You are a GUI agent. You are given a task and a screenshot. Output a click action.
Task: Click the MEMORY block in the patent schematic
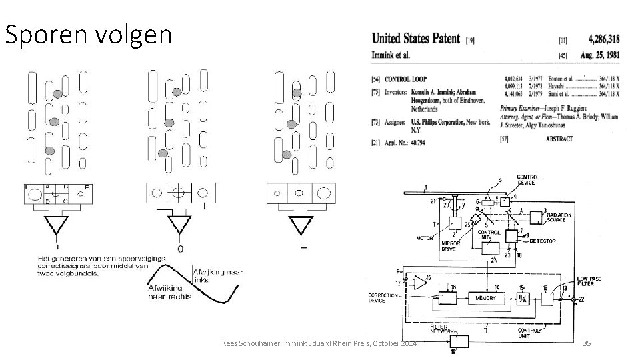[x=486, y=297]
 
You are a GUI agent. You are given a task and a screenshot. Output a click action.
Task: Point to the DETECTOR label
[x=542, y=240]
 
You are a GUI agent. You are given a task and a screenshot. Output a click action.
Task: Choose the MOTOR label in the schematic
[x=425, y=237]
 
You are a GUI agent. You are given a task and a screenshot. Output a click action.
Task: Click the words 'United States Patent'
[x=416, y=39]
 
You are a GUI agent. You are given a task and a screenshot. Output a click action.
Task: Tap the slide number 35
[x=587, y=343]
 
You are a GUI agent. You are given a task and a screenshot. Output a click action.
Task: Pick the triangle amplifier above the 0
[x=178, y=226]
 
